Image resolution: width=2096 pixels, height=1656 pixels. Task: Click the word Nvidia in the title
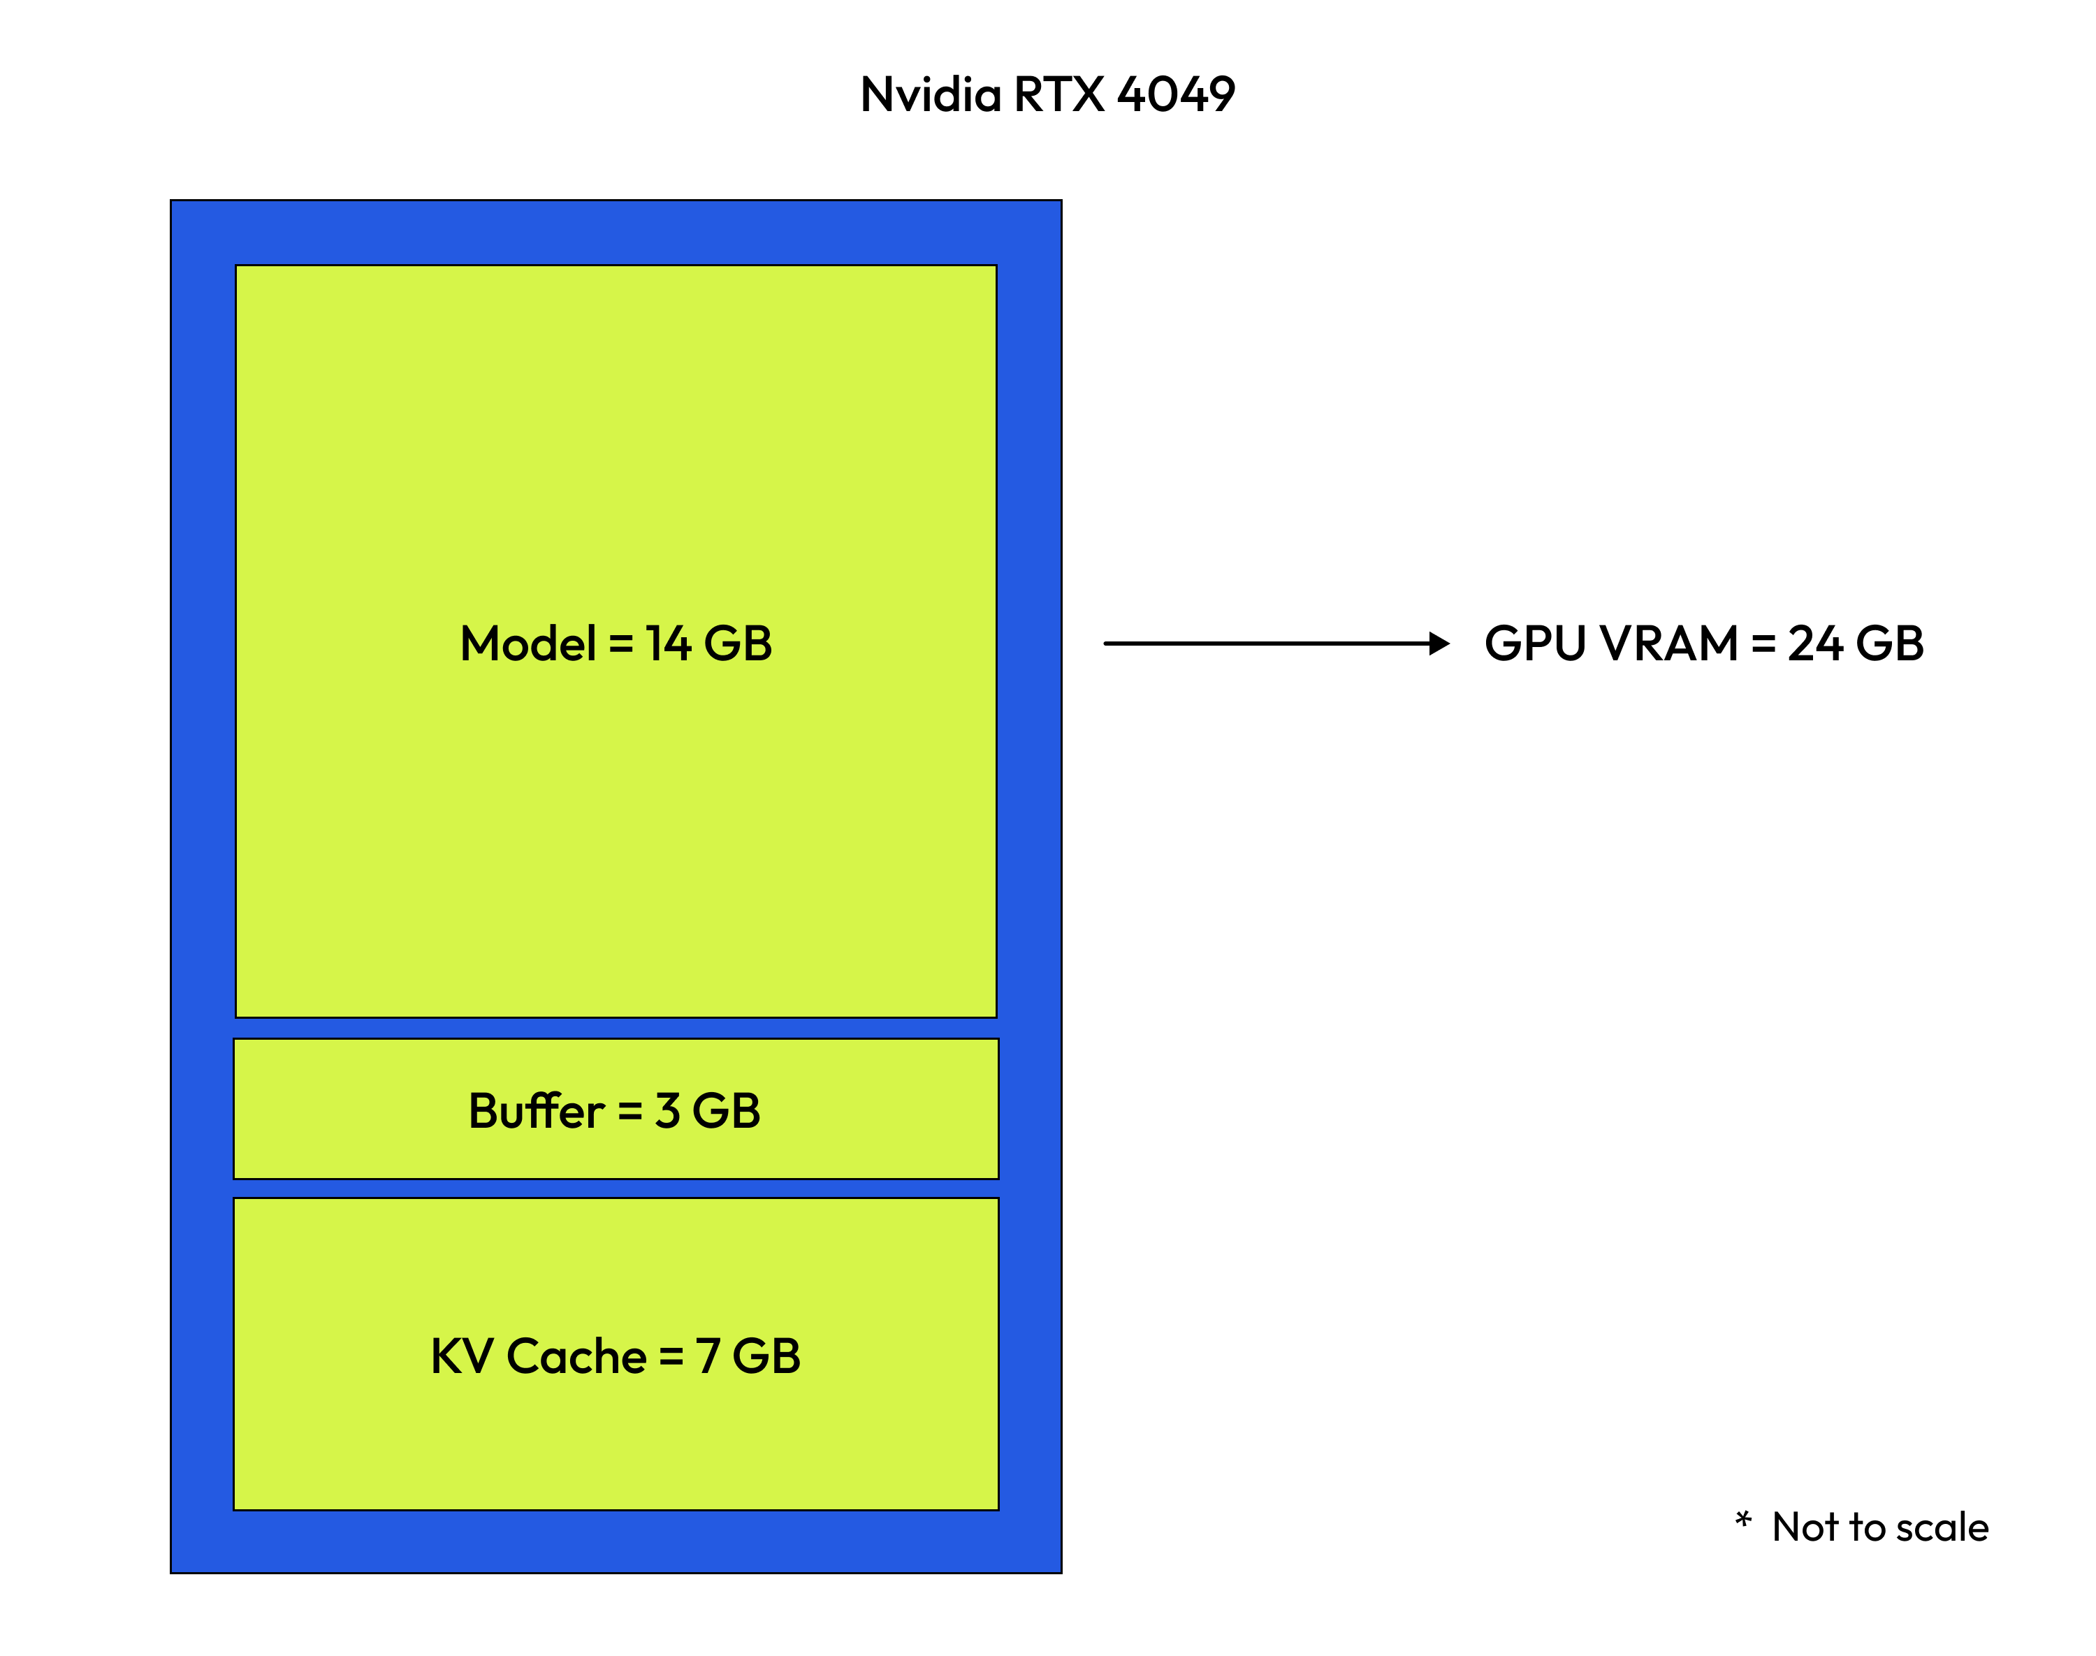point(930,95)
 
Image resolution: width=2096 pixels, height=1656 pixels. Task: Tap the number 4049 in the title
point(1176,95)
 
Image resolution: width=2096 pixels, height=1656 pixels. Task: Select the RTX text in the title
point(1058,95)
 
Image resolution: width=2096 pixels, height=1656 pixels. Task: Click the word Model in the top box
point(528,644)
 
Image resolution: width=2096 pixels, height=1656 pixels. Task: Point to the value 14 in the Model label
point(668,644)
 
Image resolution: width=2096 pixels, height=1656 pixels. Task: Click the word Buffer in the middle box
point(536,1111)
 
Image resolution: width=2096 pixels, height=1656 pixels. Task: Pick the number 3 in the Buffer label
point(667,1111)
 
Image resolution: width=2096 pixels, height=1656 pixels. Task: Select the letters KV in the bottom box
point(461,1356)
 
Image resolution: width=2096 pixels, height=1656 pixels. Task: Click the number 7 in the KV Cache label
point(708,1356)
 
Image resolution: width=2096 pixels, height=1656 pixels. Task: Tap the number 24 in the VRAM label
point(1815,644)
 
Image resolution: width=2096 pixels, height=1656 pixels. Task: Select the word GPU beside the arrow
point(1535,644)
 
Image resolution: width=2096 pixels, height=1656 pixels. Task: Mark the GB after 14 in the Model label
point(738,644)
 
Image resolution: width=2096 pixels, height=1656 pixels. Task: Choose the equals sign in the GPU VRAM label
point(1763,644)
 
